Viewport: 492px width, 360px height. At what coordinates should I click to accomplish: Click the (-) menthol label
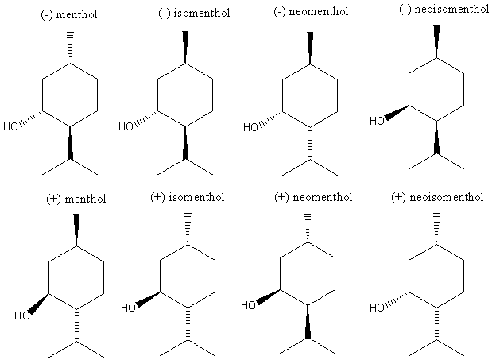70,14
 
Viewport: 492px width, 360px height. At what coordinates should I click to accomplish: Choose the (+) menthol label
76,198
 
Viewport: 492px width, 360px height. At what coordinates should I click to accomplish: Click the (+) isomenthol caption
188,196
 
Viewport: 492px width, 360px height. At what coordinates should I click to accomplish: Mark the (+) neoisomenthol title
437,196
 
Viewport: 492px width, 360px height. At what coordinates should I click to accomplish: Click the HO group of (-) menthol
11,126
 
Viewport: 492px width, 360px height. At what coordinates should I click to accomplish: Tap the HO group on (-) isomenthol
126,126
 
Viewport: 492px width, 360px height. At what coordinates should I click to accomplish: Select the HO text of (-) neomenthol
250,126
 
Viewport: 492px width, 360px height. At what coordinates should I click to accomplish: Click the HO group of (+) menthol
21,315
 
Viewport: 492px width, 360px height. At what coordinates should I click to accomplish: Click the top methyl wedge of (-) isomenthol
185,45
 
